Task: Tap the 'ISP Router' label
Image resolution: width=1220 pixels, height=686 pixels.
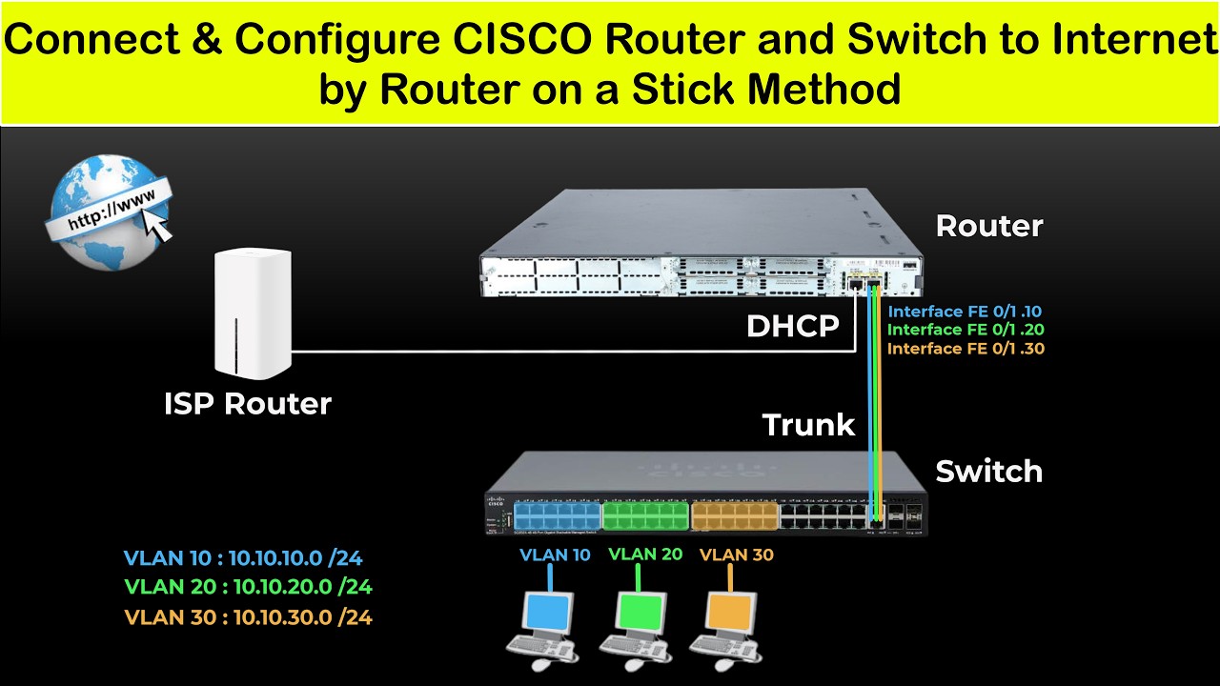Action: click(247, 403)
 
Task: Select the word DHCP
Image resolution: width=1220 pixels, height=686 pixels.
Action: click(792, 327)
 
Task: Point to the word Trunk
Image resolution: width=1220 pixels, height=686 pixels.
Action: click(808, 425)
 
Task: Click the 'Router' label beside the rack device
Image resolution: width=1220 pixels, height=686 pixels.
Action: click(988, 226)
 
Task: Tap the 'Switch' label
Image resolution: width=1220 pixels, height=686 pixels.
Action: click(988, 471)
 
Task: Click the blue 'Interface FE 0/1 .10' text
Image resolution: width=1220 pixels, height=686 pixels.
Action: click(966, 311)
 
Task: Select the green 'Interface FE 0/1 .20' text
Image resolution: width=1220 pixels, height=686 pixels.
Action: click(966, 330)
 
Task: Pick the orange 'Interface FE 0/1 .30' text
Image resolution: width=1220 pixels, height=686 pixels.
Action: click(966, 349)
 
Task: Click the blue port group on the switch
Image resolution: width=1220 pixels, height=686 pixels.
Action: click(558, 516)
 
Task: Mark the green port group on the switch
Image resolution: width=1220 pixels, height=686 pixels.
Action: click(645, 516)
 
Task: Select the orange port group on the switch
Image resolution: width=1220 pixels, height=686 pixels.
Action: click(734, 516)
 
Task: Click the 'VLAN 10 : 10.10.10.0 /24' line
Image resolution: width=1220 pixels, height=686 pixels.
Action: click(243, 558)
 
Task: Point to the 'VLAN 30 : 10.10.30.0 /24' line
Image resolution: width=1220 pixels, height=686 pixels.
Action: click(248, 617)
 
